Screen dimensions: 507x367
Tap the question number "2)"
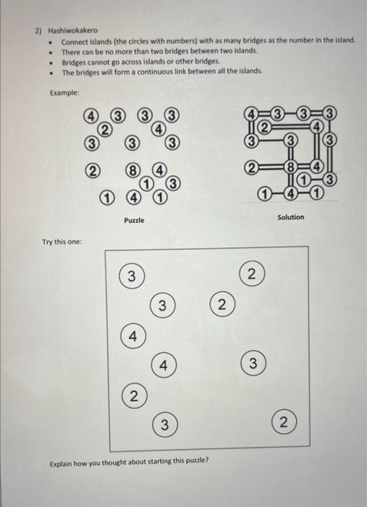(39, 32)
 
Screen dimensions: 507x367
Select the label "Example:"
(64, 93)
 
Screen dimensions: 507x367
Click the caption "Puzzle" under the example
(134, 219)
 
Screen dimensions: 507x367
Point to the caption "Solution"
(290, 217)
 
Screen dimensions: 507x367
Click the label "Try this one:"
(62, 241)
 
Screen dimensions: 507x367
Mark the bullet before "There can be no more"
(49, 52)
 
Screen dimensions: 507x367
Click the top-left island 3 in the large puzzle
(131, 275)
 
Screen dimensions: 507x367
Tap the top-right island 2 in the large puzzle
(251, 275)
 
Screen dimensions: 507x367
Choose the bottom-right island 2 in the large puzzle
(283, 424)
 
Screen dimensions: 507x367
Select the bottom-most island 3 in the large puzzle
(165, 424)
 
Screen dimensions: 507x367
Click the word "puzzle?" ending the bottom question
(195, 459)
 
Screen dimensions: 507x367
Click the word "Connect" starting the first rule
(75, 42)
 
